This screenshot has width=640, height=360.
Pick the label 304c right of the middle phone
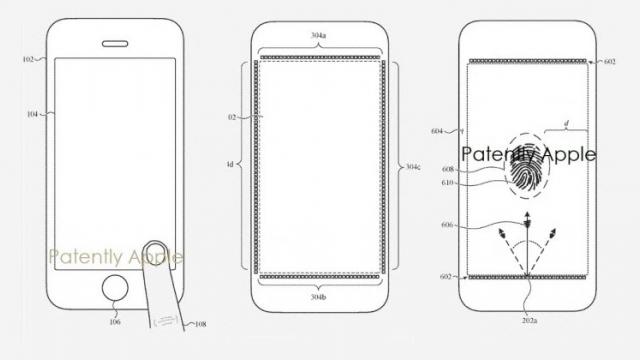pyautogui.click(x=410, y=166)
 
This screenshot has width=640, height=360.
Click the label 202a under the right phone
pyautogui.click(x=528, y=320)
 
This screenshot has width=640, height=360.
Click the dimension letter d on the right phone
pyautogui.click(x=568, y=125)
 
